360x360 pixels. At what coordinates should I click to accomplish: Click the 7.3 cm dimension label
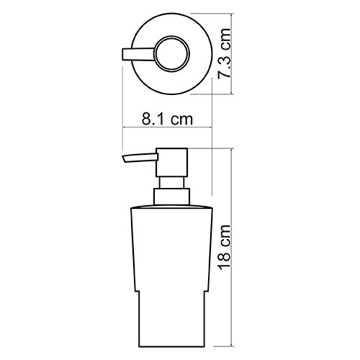click(224, 53)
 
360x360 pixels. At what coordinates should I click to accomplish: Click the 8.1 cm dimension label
click(167, 119)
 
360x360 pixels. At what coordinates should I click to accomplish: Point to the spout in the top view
click(138, 54)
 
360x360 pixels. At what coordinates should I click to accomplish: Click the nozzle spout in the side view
click(140, 158)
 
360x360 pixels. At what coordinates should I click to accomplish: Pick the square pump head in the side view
click(171, 163)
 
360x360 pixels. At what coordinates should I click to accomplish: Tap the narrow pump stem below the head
click(171, 183)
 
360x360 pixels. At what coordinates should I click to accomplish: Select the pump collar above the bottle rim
click(171, 197)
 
